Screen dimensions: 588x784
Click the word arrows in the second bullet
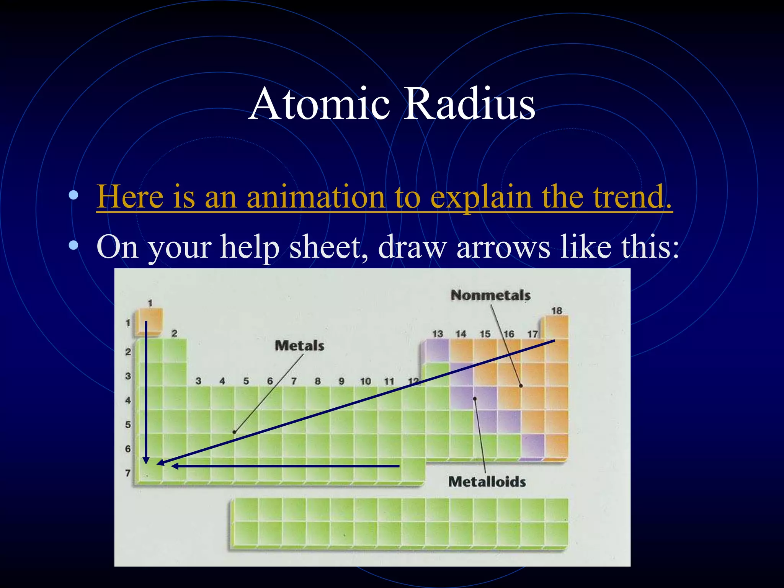tap(503, 247)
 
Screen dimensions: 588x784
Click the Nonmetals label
tap(490, 295)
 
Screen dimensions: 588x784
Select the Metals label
tap(299, 346)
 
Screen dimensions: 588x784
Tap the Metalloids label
tap(487, 482)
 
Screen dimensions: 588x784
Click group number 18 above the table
tap(556, 310)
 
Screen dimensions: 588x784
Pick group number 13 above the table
tap(437, 334)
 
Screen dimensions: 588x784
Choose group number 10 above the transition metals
tap(365, 381)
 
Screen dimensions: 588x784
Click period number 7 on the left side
tap(128, 473)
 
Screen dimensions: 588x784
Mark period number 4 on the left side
tap(128, 400)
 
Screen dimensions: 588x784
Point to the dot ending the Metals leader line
tap(234, 432)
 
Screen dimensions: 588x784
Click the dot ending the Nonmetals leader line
tap(521, 386)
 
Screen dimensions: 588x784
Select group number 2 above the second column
tap(174, 333)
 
